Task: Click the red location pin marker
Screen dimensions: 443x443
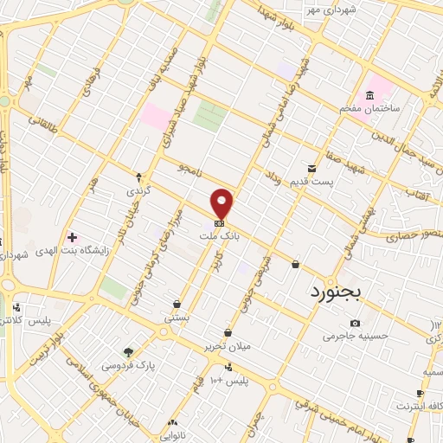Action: [x=222, y=202]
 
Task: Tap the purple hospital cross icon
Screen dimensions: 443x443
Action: [x=72, y=235]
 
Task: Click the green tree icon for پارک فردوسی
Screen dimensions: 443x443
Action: [x=129, y=351]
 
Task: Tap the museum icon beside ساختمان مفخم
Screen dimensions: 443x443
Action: [x=370, y=93]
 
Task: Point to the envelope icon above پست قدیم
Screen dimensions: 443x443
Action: [x=311, y=167]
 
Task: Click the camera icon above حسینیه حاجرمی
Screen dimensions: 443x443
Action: [x=343, y=323]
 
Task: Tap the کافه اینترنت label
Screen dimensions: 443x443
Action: [x=418, y=404]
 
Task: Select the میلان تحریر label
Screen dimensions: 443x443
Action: [x=226, y=346]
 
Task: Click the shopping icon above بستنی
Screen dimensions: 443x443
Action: [x=177, y=305]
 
